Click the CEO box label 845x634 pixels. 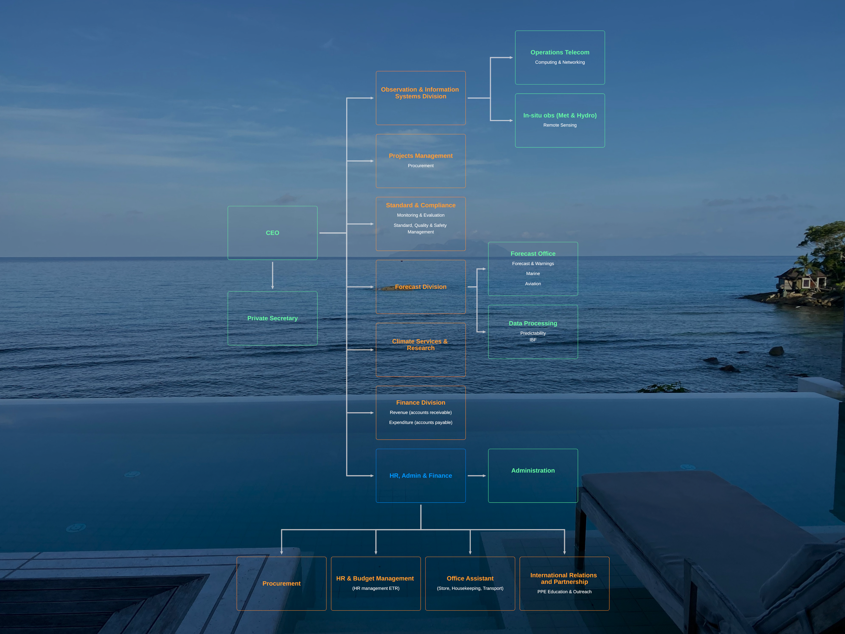(x=272, y=233)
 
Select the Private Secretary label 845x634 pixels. (x=272, y=318)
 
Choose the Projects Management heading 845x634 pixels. (x=420, y=156)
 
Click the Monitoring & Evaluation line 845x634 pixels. (x=420, y=215)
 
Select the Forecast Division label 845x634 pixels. (x=420, y=287)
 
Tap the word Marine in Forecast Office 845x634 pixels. (x=533, y=273)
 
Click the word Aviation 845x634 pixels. (x=533, y=284)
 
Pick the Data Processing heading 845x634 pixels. (x=533, y=323)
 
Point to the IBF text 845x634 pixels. (x=533, y=340)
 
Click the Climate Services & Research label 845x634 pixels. (x=420, y=345)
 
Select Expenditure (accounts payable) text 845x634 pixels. (x=420, y=422)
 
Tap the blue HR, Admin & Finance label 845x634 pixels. (x=420, y=476)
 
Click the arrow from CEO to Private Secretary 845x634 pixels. (x=272, y=275)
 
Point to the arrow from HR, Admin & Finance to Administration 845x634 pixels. (x=477, y=476)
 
